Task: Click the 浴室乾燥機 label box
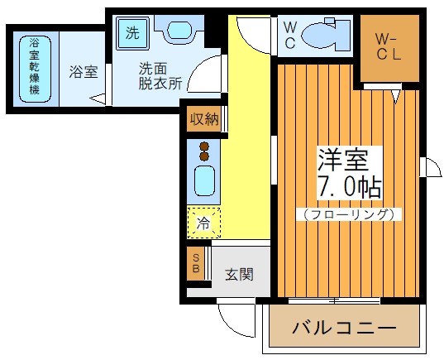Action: pos(34,66)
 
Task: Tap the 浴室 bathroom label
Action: pos(83,72)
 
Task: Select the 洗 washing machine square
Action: pos(133,33)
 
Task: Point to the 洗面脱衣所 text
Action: pos(160,77)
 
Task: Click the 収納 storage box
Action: pos(203,118)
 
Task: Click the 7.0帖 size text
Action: pos(348,185)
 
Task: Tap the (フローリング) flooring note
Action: pos(348,214)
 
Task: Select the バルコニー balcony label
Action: pos(343,329)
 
